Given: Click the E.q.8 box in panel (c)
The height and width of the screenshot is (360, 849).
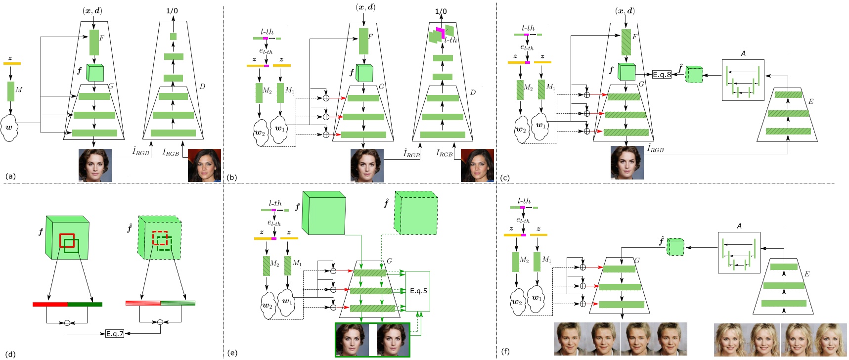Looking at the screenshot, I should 662,75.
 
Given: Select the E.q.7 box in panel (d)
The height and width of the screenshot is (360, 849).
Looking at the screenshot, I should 115,334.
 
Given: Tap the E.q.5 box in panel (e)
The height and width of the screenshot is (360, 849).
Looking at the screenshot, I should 418,291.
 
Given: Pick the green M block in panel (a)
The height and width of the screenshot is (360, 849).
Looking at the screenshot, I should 11,91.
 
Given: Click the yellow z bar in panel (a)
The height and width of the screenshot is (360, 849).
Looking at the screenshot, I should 12,63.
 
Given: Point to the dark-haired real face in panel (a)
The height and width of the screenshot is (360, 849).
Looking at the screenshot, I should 204,165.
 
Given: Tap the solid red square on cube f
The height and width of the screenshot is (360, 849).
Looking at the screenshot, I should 67,240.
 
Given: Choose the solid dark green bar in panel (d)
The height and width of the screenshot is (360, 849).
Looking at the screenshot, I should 85,304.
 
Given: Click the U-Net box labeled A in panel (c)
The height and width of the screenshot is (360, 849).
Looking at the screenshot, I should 743,80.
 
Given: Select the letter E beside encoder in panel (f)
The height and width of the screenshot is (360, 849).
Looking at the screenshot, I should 807,274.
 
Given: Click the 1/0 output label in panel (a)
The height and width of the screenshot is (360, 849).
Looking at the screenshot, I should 173,10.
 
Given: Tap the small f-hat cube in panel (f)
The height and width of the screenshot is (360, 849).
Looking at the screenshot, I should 675,247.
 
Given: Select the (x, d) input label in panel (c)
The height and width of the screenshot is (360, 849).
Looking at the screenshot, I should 625,10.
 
